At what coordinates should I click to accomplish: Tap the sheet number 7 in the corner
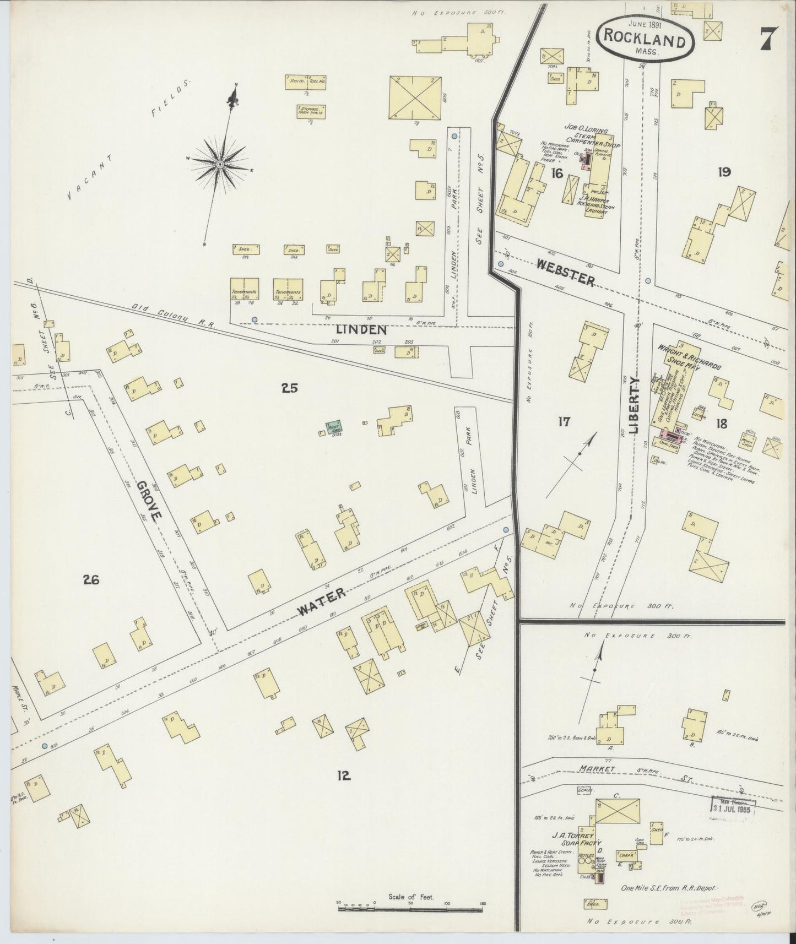(769, 39)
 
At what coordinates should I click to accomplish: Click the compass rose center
(220, 164)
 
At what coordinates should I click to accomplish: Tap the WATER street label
(322, 601)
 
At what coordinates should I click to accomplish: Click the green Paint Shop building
(334, 427)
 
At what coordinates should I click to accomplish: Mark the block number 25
(289, 388)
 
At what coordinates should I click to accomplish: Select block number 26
(91, 579)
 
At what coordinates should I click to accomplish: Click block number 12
(344, 776)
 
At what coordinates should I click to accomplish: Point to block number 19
(724, 172)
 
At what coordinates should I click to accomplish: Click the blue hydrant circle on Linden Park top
(454, 136)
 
